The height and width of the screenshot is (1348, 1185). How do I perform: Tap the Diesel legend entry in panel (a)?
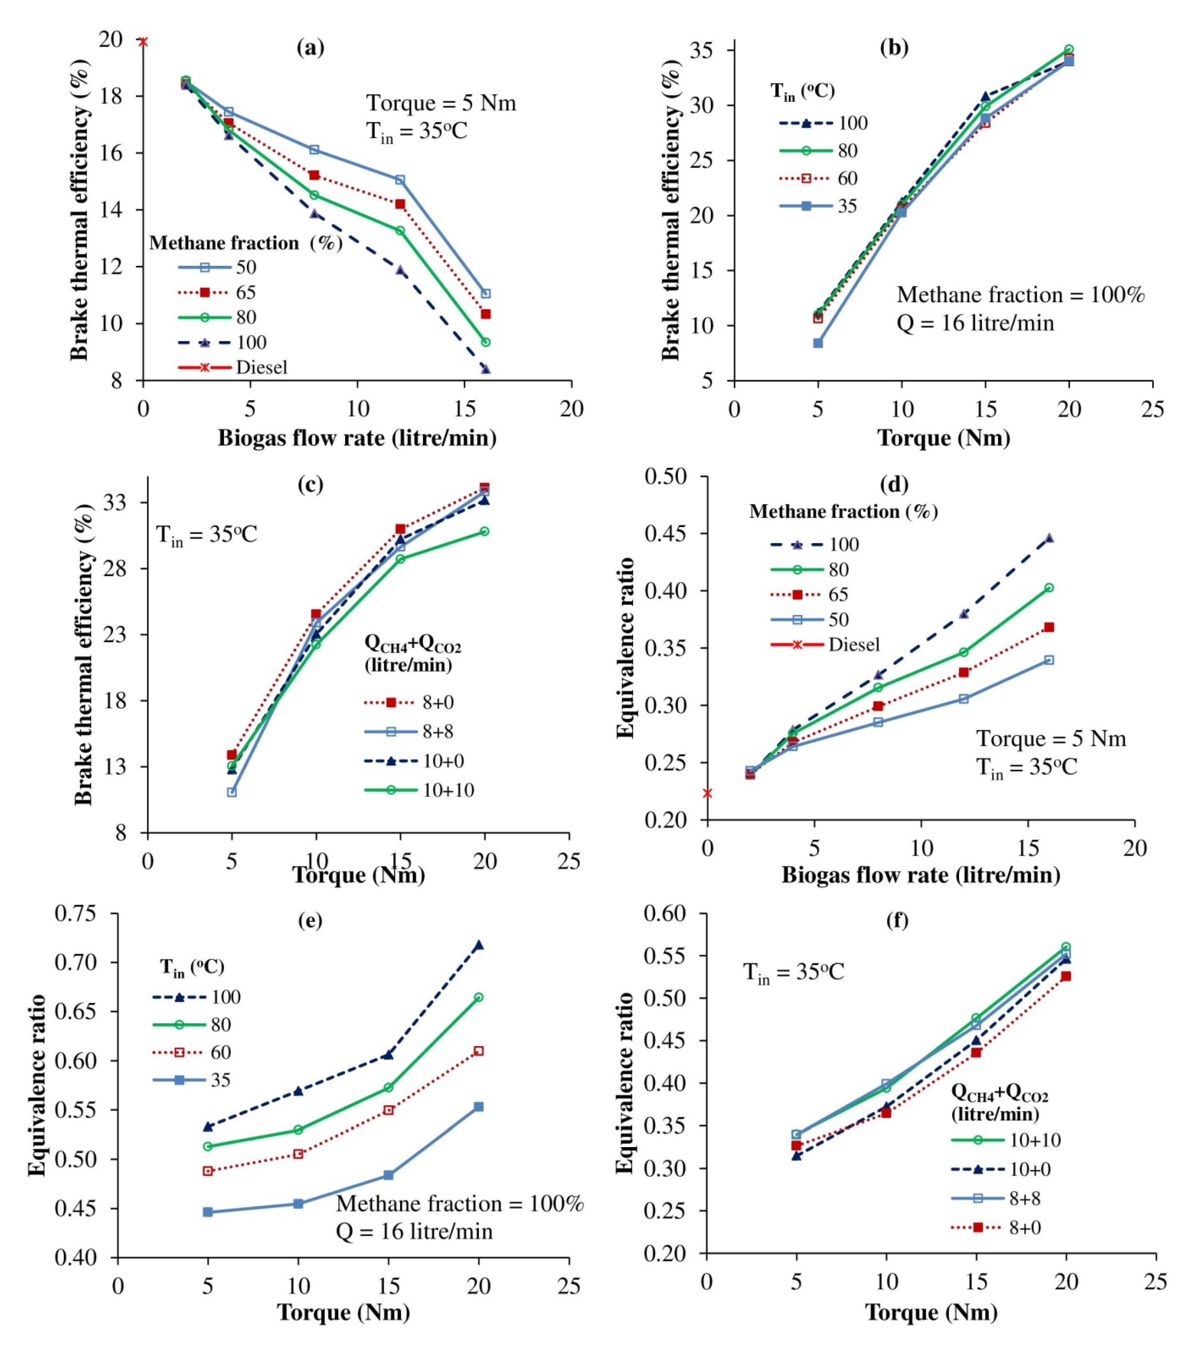point(261,367)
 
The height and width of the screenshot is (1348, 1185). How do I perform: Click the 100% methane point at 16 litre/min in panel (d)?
point(1048,538)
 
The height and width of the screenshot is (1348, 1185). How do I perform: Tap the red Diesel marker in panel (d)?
point(707,793)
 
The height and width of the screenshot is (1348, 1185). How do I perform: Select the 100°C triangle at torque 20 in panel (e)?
point(478,945)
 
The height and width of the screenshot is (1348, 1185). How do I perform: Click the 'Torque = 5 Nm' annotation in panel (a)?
point(441,103)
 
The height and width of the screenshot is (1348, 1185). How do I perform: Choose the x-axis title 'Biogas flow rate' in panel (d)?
point(921,875)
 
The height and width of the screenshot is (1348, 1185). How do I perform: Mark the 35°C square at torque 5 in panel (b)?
point(818,343)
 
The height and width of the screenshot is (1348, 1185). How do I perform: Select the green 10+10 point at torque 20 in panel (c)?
point(484,531)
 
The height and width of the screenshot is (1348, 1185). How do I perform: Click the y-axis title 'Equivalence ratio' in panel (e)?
point(37,1085)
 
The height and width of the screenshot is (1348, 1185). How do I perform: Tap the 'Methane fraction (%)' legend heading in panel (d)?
point(843,511)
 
